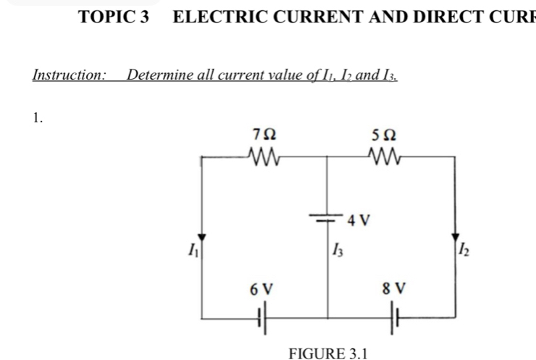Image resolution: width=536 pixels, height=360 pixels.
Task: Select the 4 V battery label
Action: point(359,219)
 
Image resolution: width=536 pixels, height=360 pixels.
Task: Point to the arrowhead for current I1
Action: point(203,238)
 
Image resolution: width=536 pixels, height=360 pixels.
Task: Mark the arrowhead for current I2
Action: point(455,238)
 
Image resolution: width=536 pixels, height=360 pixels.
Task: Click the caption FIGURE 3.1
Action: point(328,353)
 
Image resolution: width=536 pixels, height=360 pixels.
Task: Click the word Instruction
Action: point(70,75)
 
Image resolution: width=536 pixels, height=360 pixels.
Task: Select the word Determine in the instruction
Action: point(156,75)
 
